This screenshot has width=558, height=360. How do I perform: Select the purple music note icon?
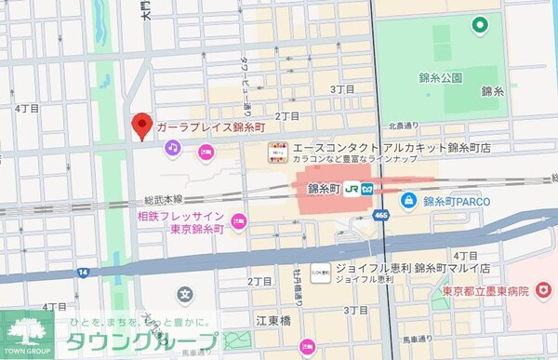172,147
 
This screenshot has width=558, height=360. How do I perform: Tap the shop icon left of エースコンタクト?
276,151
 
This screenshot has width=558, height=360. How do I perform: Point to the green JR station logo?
352,187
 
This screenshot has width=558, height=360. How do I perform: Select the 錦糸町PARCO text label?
456,199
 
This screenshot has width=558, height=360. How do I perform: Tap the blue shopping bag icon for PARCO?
407,198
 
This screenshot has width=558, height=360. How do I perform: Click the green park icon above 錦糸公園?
480,25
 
